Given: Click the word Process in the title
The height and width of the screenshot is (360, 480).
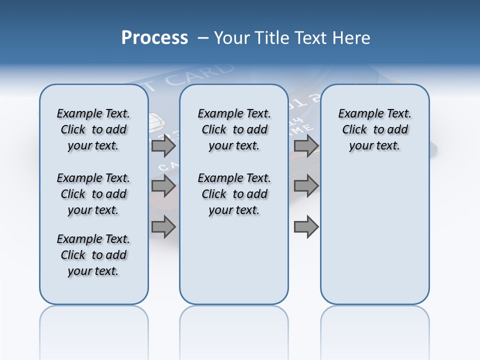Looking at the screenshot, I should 154,37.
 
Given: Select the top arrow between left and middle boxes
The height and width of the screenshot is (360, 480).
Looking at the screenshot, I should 163,146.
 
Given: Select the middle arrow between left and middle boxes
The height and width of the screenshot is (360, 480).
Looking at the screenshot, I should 163,186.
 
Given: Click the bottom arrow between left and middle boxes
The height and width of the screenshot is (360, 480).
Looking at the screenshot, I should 163,227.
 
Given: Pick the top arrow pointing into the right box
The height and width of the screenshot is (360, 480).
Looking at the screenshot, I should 306,146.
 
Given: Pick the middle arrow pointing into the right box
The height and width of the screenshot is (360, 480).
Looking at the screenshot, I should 306,186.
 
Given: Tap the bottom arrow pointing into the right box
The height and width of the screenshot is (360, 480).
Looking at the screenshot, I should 306,227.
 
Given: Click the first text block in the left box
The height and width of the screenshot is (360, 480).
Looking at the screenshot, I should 93,129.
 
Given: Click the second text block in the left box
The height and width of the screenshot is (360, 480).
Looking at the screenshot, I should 93,194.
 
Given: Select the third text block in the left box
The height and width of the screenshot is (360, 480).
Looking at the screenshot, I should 93,255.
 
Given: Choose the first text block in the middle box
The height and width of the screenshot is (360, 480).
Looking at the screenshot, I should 234,129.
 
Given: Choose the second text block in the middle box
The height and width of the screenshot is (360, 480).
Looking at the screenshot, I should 234,194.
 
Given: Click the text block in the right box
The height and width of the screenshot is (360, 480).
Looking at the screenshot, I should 374,129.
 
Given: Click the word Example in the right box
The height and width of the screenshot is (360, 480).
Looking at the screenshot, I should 356,114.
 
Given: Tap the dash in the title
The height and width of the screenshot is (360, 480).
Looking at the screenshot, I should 202,38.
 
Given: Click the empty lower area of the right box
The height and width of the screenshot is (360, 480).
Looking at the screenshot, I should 374,240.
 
